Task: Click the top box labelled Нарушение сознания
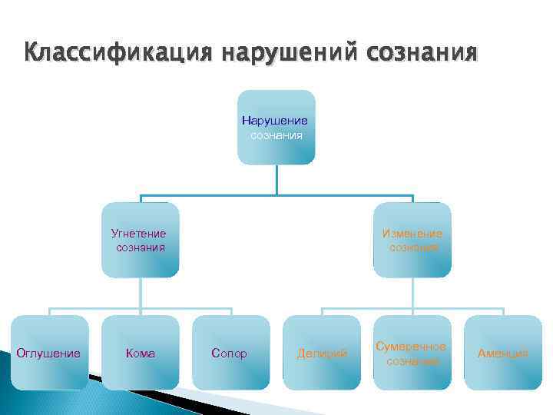pos(276,128)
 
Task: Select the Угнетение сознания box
pos(141,240)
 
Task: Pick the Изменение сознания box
pos(412,240)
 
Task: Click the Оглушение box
pos(48,353)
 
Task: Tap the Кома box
pos(140,353)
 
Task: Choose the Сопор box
pos(229,353)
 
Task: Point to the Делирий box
pos(322,353)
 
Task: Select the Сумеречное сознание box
pos(412,353)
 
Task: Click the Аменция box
pos(503,353)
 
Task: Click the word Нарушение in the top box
pos(275,121)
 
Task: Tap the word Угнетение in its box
pos(139,234)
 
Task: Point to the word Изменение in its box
pos(412,234)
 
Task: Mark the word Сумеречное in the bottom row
pos(412,347)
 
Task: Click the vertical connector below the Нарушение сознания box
pos(276,180)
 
